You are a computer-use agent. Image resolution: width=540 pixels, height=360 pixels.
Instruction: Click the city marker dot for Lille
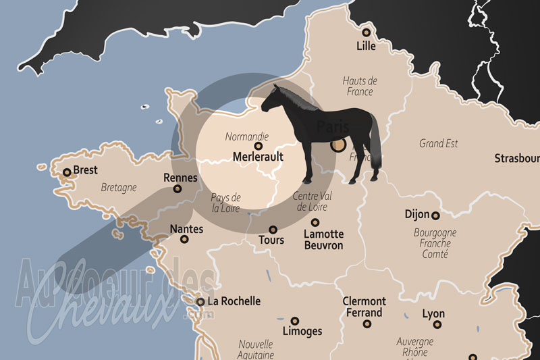(366, 32)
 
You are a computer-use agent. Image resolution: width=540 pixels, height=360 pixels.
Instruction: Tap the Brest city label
(85, 170)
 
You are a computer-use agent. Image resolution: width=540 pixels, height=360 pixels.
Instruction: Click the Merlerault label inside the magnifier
(257, 157)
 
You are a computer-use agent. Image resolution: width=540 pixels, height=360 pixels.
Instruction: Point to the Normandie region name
(247, 136)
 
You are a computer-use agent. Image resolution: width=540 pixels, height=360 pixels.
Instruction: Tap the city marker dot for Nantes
(184, 239)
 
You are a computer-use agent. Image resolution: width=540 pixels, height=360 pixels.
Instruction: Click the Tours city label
(271, 240)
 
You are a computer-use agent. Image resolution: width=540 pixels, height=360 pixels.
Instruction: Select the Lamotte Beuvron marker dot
(315, 222)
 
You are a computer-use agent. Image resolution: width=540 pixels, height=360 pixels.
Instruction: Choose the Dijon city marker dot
(435, 215)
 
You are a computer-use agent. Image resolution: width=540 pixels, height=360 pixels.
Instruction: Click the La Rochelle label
(234, 301)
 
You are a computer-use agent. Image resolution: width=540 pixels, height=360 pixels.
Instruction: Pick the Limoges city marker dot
(294, 321)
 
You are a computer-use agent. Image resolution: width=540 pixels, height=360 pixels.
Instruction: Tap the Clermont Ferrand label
(364, 307)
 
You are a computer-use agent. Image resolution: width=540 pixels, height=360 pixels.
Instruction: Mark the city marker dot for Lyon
(437, 324)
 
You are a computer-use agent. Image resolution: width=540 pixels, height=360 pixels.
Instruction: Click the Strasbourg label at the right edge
(516, 159)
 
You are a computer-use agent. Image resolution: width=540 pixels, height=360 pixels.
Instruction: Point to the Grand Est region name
(438, 143)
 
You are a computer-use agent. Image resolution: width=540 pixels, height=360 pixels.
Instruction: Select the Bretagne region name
(118, 187)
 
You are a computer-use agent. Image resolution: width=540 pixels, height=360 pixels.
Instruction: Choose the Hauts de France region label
(360, 86)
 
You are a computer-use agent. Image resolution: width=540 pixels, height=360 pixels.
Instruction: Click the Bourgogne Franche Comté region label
(435, 243)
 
